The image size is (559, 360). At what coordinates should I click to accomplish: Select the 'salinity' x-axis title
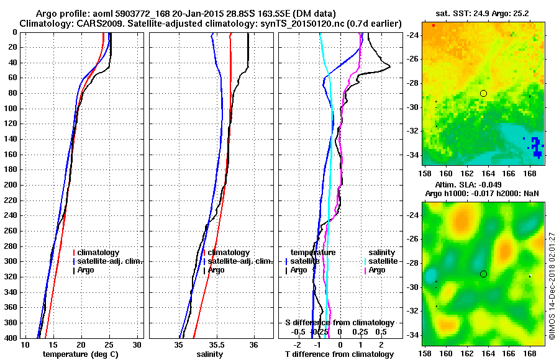211,354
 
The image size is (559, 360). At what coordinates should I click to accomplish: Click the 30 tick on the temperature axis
137,344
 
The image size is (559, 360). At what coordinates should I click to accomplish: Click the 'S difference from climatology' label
339,323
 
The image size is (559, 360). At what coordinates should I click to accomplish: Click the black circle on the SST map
484,93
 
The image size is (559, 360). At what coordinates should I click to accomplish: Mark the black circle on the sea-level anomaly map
484,274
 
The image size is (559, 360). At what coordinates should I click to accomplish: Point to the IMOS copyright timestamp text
552,286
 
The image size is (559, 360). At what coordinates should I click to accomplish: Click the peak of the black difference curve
390,66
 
